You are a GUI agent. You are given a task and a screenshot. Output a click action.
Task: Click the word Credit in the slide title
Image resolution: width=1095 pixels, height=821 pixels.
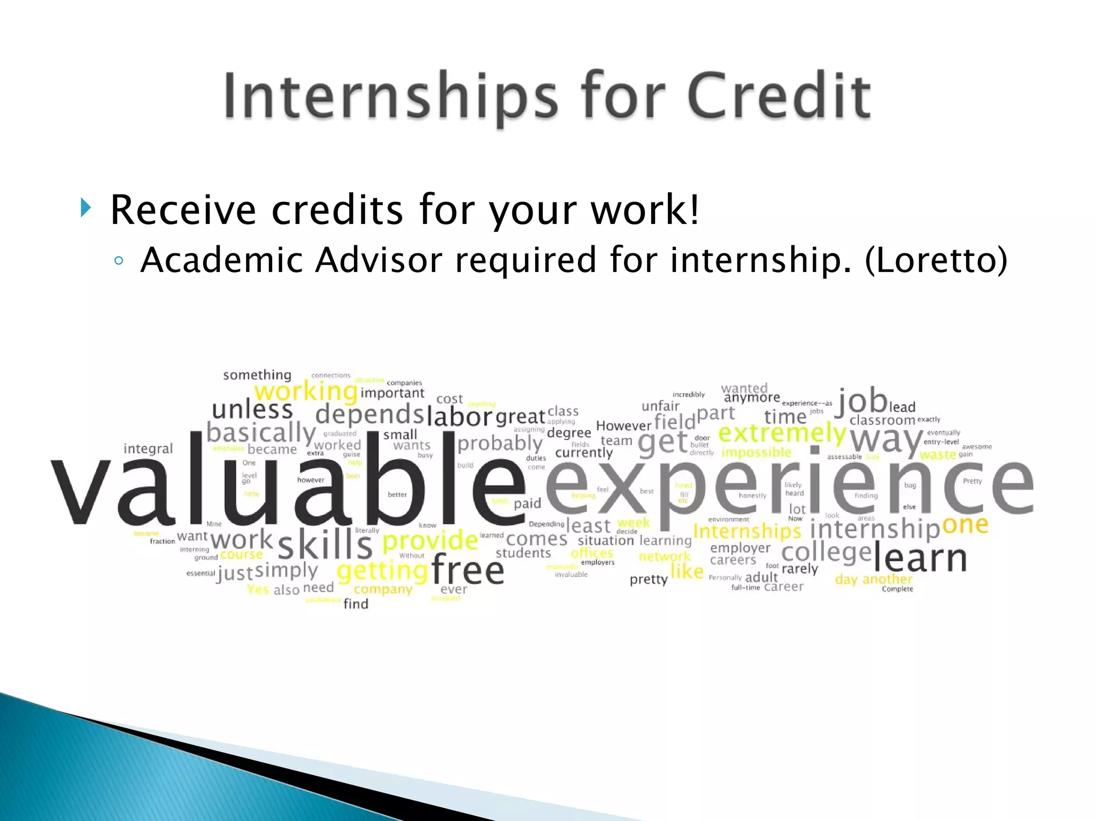click(779, 96)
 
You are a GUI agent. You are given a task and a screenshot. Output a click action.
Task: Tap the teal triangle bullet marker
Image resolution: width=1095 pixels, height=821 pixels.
click(86, 207)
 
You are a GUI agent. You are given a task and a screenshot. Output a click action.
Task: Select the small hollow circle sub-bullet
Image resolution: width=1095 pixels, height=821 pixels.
click(119, 261)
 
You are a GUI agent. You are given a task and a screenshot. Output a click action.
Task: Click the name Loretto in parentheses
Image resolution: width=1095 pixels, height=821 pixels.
click(936, 260)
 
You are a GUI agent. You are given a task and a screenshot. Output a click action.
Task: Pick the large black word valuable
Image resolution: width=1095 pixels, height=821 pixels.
click(289, 479)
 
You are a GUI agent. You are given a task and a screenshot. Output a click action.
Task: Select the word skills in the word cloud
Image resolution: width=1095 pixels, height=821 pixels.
click(325, 544)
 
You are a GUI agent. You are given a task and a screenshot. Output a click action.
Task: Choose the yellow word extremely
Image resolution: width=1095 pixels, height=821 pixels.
click(782, 433)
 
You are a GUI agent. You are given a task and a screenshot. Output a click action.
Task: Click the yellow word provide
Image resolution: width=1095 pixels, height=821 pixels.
click(430, 541)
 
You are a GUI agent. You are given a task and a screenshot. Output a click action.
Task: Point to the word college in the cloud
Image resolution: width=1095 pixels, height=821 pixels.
click(826, 552)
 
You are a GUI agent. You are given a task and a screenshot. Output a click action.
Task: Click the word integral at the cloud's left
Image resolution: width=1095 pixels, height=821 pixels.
click(148, 448)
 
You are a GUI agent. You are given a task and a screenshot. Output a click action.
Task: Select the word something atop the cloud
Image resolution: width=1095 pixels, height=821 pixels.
click(257, 375)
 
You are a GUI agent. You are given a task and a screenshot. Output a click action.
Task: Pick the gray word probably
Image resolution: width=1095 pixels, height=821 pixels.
click(500, 443)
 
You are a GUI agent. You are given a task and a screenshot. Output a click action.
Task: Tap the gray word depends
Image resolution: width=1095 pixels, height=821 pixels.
click(370, 414)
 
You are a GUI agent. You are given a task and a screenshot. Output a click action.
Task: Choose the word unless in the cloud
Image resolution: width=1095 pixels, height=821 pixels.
click(252, 410)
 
